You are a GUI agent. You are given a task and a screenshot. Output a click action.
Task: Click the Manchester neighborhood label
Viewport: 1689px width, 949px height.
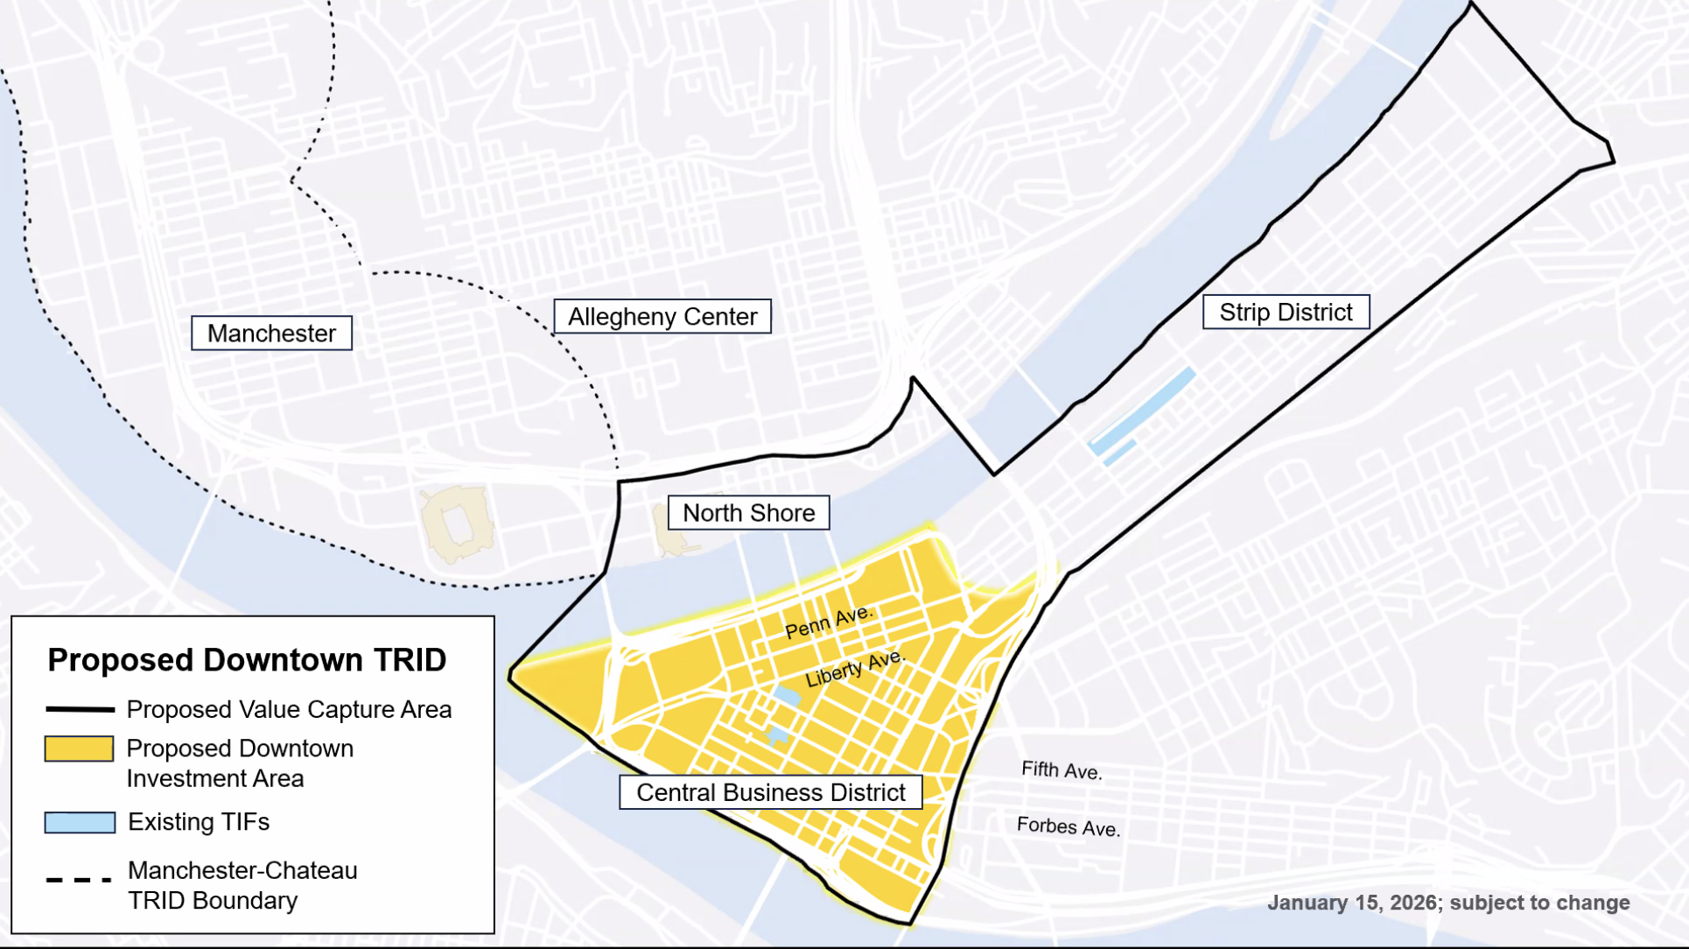(271, 334)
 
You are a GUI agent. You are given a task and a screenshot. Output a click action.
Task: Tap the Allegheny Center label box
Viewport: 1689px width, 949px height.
(662, 317)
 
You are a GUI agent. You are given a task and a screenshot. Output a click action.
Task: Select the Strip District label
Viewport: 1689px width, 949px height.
(1286, 313)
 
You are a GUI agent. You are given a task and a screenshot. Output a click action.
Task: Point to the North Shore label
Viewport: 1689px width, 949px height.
(748, 513)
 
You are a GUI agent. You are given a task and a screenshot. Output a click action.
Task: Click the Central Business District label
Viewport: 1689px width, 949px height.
(770, 792)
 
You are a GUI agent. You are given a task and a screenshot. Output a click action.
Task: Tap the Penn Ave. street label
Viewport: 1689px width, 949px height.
(828, 622)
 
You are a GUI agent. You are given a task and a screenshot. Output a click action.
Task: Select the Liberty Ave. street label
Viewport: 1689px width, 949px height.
(854, 668)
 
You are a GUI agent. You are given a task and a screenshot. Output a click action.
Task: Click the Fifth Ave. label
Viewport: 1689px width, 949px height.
(1061, 770)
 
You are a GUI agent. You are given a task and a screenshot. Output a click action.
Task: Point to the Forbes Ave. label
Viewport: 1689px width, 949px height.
(1068, 826)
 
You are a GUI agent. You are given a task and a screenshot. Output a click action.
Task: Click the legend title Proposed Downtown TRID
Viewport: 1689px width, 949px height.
(247, 660)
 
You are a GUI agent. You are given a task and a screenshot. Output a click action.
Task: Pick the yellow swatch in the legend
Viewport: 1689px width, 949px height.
(79, 749)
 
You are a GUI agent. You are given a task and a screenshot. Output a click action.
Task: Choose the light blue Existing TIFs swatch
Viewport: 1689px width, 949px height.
(80, 822)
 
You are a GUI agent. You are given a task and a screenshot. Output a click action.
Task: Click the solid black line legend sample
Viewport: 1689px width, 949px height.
(80, 709)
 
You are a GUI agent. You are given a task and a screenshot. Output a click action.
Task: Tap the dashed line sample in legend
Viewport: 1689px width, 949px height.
(79, 879)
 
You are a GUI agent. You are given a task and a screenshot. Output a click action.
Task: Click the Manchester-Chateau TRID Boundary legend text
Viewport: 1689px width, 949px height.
(242, 885)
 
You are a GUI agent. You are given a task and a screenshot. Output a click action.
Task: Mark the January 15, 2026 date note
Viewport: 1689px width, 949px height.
(1447, 903)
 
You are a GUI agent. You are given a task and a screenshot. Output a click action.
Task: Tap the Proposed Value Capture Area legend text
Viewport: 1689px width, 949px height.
(289, 709)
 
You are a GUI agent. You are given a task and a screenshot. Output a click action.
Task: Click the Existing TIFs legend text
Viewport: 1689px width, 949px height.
(199, 822)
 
